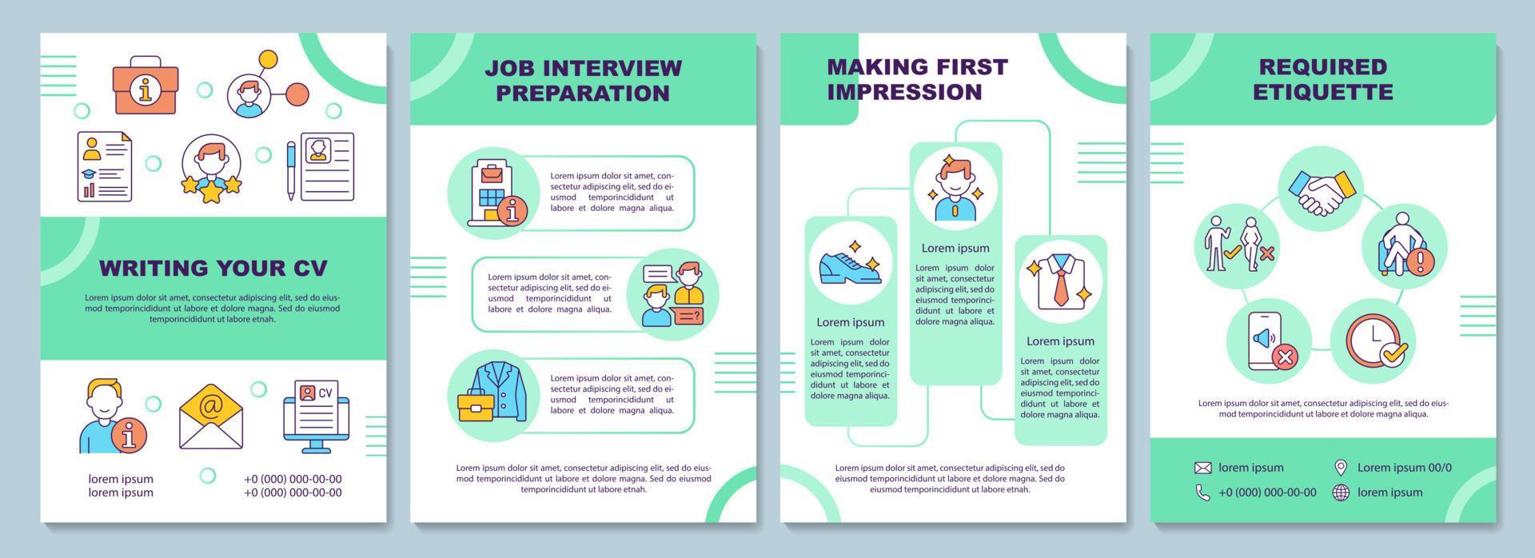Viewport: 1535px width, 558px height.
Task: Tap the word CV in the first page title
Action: (309, 267)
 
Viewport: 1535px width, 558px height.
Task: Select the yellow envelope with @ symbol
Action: (211, 416)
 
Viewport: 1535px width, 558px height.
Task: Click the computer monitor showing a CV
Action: (317, 416)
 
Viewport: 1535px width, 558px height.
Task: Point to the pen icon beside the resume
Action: (291, 170)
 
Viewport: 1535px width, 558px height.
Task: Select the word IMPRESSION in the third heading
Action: (904, 92)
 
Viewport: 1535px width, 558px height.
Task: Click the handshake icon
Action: (1322, 189)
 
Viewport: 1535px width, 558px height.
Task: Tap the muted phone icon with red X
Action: (1269, 341)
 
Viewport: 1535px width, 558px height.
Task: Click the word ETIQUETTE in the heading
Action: (1322, 92)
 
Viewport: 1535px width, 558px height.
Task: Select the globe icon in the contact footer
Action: (1341, 492)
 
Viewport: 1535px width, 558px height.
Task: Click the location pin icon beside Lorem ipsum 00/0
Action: (1341, 468)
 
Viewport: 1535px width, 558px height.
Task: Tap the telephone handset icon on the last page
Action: (1202, 492)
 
